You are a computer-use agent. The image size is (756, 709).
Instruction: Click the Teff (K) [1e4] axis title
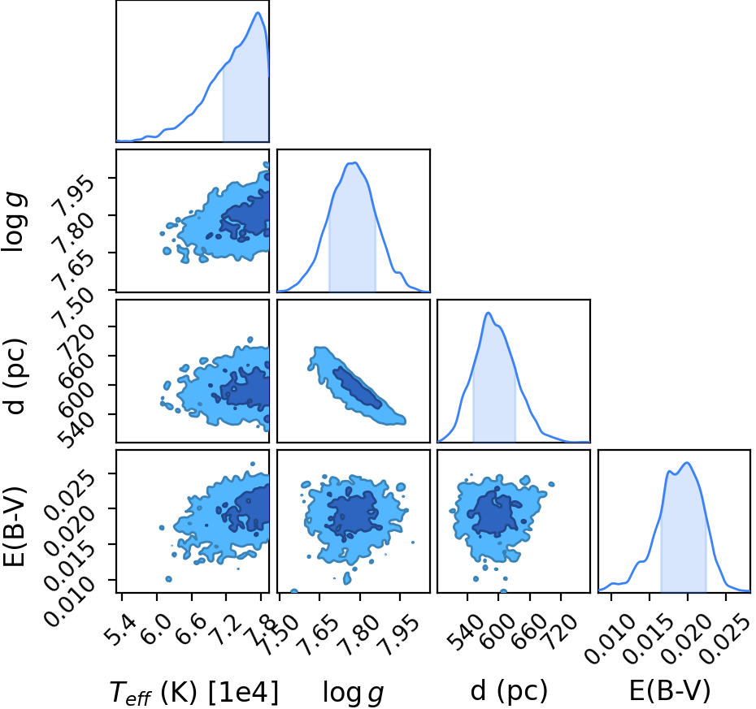[x=193, y=694]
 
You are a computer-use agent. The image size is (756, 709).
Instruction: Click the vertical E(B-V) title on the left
[x=15, y=521]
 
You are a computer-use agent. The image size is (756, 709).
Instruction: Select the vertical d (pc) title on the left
[x=15, y=371]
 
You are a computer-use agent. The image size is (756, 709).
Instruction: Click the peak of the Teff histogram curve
[x=258, y=12]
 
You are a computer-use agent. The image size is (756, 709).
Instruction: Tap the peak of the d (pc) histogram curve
[x=488, y=313]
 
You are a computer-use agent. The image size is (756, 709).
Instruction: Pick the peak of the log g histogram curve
[x=354, y=162]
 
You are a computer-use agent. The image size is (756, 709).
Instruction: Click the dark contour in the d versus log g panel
[x=357, y=387]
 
